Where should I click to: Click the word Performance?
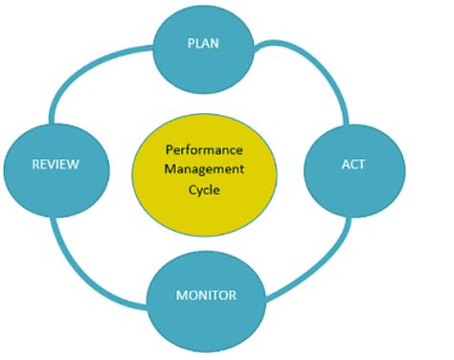coord(204,150)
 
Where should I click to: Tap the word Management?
coord(204,169)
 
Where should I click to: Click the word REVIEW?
coord(55,164)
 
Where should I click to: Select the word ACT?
coord(353,164)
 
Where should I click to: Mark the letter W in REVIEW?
coord(73,164)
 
